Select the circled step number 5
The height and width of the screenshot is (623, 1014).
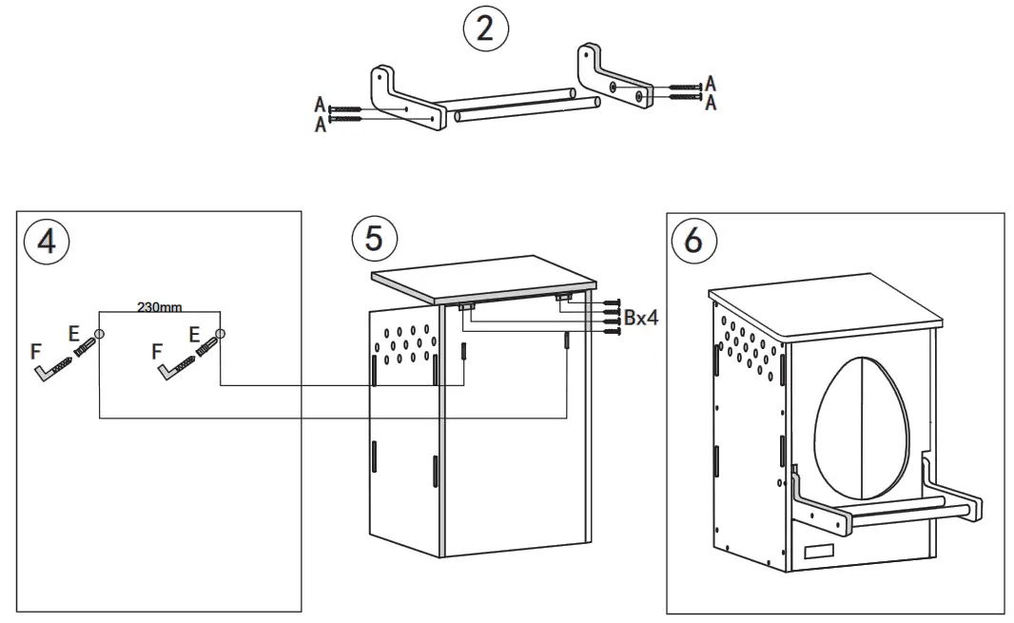(x=374, y=238)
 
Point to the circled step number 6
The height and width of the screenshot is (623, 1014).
(x=693, y=241)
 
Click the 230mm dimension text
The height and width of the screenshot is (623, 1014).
(x=159, y=307)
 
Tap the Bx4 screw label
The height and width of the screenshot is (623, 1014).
(x=641, y=318)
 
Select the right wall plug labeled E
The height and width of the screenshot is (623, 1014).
(x=205, y=351)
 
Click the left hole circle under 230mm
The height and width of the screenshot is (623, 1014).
(x=100, y=334)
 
